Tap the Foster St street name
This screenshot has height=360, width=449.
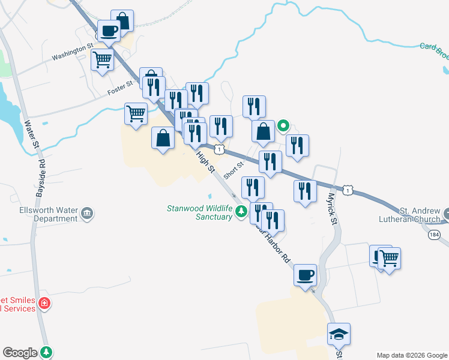(120, 88)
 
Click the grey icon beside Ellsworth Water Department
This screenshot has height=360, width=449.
(88, 214)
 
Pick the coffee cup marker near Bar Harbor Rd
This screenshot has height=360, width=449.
(306, 275)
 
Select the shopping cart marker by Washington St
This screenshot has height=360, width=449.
(102, 59)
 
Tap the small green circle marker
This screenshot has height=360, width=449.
(283, 126)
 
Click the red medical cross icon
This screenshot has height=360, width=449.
(43, 304)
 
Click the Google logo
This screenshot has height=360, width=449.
(19, 353)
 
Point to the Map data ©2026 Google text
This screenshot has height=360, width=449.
(412, 355)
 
